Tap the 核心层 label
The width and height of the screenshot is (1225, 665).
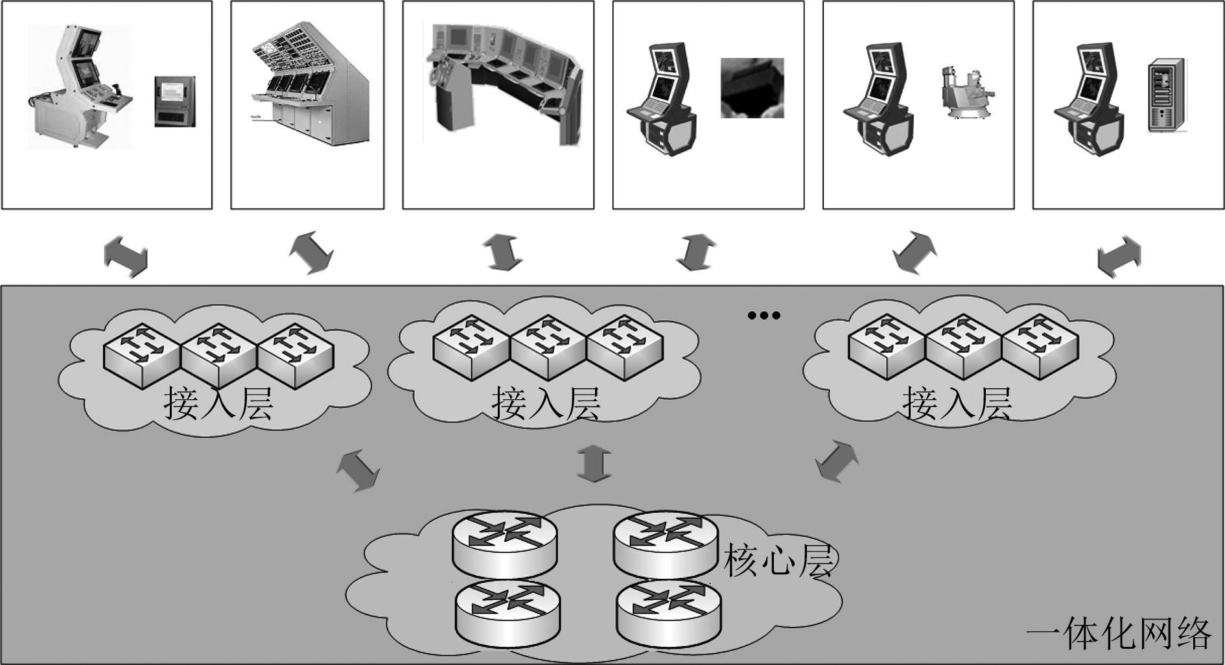pyautogui.click(x=777, y=561)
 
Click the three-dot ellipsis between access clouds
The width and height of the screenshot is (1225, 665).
pyautogui.click(x=764, y=316)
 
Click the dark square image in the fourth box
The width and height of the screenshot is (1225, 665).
pyautogui.click(x=752, y=88)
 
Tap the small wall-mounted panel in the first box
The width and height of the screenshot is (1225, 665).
pyautogui.click(x=174, y=101)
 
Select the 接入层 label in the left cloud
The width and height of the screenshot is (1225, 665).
pyautogui.click(x=218, y=404)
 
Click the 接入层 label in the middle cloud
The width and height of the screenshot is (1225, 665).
pyautogui.click(x=546, y=404)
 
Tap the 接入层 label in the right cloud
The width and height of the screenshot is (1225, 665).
pyautogui.click(x=957, y=404)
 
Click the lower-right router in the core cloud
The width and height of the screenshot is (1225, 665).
pyautogui.click(x=668, y=611)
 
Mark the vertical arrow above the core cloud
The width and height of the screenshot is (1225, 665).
pyautogui.click(x=594, y=463)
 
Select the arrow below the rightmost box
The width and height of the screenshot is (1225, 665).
pyautogui.click(x=1119, y=257)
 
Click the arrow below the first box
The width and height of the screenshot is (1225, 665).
pyautogui.click(x=126, y=256)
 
